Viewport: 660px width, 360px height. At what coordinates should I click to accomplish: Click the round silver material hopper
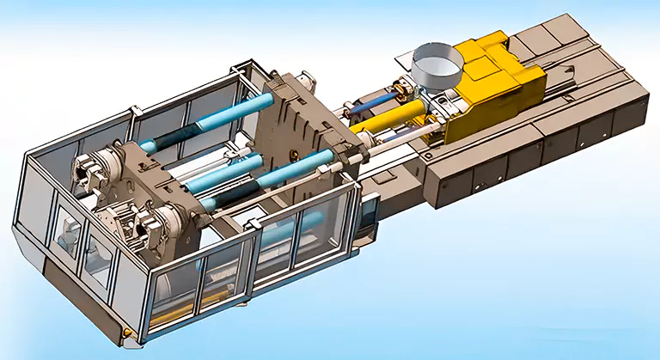pyautogui.click(x=437, y=65)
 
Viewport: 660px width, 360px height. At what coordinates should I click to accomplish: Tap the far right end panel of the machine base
pyautogui.click(x=632, y=112)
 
